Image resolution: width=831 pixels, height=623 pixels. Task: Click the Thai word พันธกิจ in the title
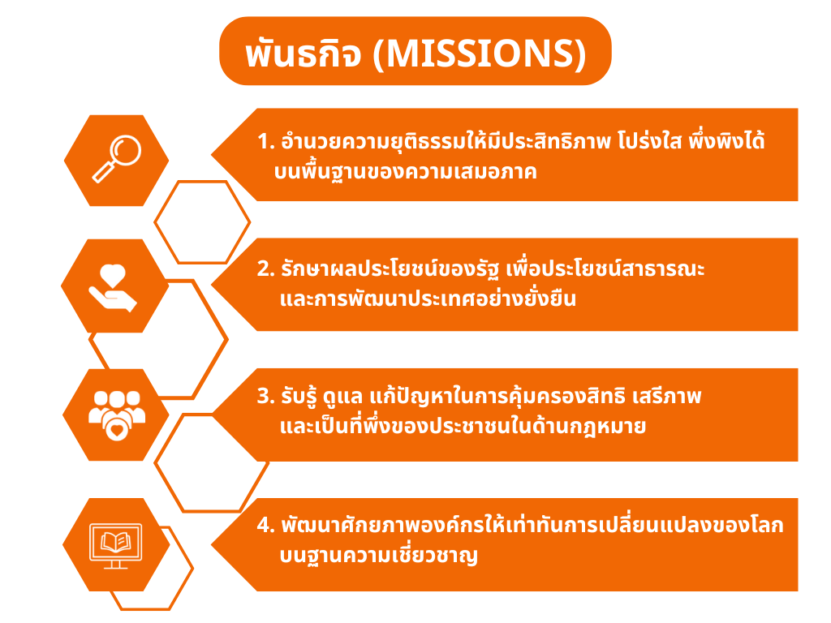point(304,54)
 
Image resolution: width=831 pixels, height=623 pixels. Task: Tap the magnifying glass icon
point(117,159)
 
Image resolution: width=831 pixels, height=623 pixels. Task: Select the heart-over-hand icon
point(113,287)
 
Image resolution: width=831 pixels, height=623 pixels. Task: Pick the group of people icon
point(117,415)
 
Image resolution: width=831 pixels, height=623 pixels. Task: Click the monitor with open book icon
point(115,546)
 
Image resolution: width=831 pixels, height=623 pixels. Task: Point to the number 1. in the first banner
point(265,141)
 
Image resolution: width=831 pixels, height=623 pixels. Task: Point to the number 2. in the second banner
point(265,269)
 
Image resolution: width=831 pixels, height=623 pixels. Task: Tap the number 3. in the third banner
point(265,396)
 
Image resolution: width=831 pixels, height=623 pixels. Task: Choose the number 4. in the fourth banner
point(265,525)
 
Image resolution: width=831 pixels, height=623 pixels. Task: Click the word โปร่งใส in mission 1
point(648,141)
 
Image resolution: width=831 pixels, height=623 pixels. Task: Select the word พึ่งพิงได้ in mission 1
point(726,140)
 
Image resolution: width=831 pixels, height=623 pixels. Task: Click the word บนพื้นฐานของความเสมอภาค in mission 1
point(406,172)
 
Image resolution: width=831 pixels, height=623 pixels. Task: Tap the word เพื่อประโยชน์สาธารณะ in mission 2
point(605,268)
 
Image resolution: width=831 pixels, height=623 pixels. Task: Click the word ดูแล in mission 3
point(343,397)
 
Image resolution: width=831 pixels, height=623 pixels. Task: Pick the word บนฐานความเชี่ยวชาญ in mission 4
point(378,555)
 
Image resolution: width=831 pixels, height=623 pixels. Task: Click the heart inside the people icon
point(117,428)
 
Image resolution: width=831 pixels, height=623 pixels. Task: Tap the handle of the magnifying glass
point(104,171)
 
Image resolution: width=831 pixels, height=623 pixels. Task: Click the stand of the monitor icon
point(115,565)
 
